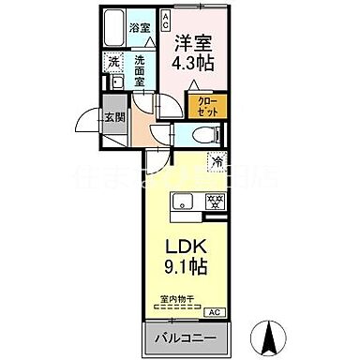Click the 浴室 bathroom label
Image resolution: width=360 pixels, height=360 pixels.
click(140, 29)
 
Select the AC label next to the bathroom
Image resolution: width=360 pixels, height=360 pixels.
click(166, 19)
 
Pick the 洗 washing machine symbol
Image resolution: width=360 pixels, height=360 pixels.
click(113, 61)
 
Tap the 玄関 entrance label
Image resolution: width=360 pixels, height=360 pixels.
click(112, 117)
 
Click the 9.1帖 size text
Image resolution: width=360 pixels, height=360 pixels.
click(188, 267)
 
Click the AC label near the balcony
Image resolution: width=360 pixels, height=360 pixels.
click(213, 311)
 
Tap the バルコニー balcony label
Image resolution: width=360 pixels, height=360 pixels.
click(186, 337)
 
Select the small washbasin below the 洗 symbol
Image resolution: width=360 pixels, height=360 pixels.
click(112, 82)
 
